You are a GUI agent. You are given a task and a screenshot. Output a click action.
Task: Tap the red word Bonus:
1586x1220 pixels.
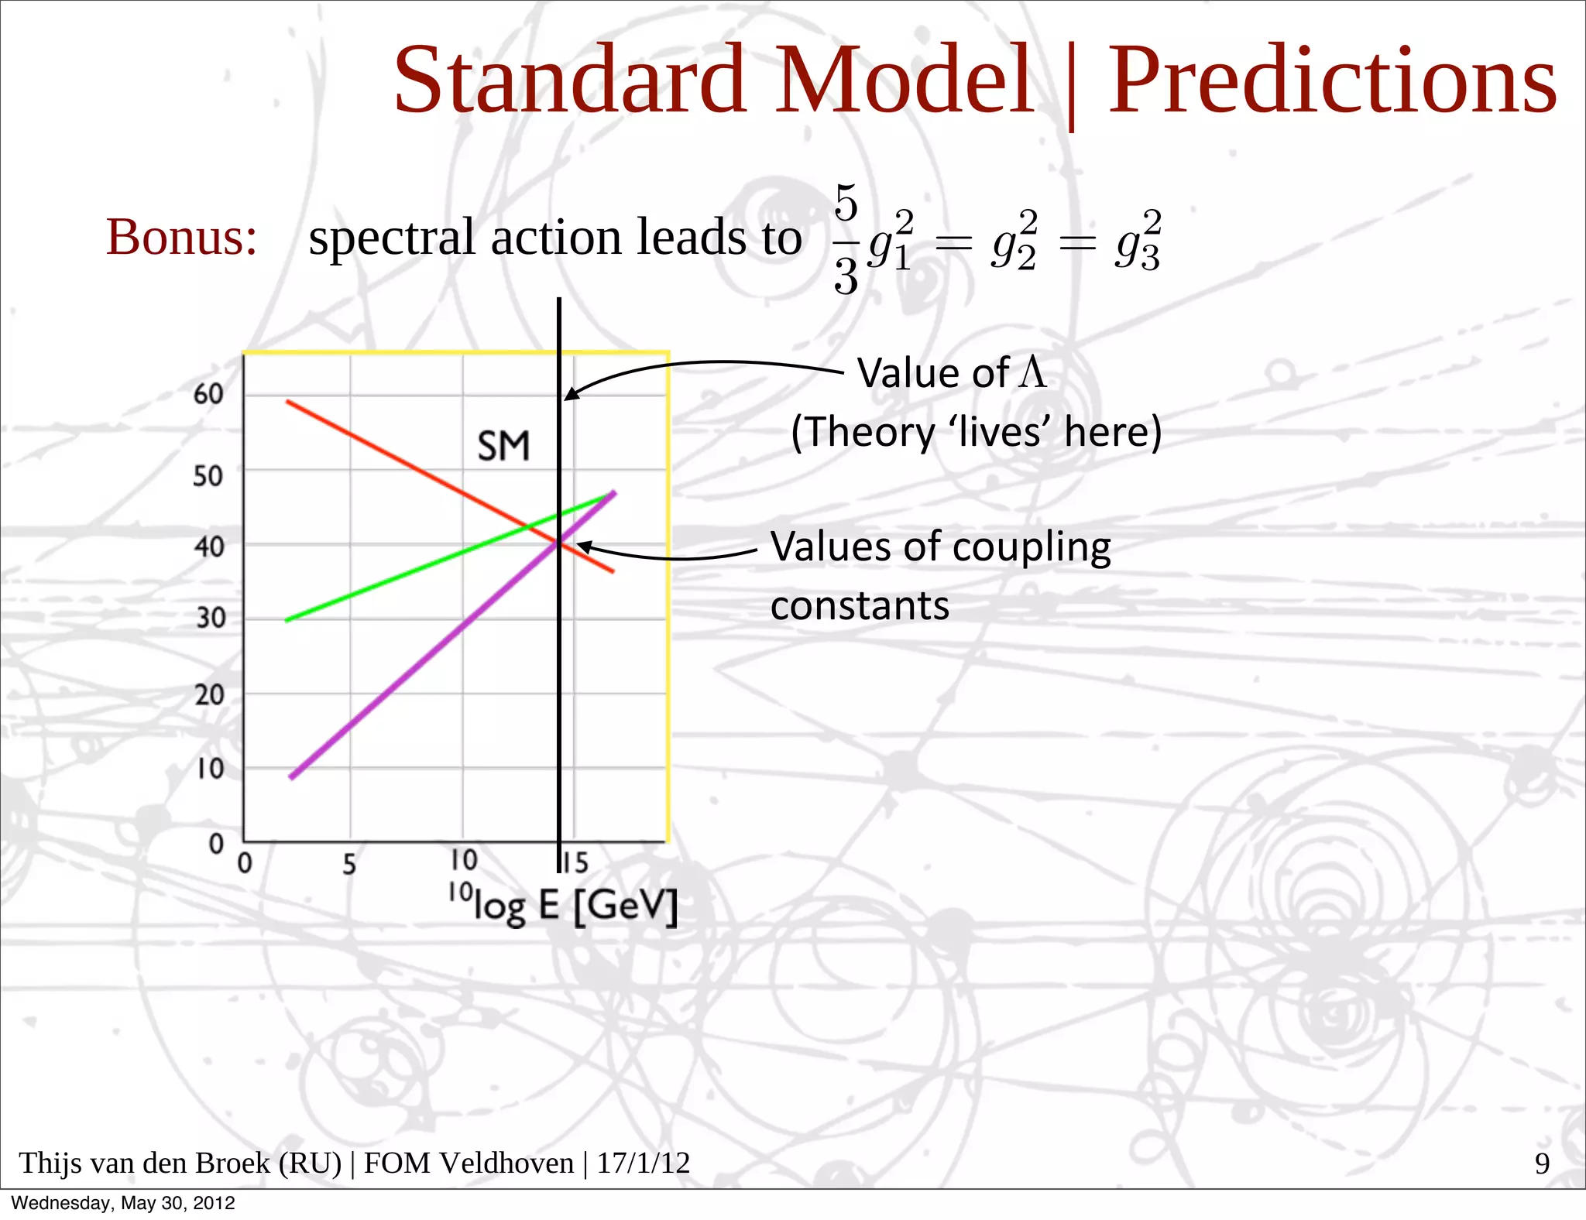click(x=181, y=237)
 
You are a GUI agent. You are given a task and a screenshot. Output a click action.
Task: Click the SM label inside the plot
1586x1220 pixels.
click(x=503, y=447)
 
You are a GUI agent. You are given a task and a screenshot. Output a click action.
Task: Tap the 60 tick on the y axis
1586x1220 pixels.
click(x=208, y=394)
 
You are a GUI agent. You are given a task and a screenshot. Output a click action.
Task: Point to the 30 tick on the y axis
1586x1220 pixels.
click(x=210, y=618)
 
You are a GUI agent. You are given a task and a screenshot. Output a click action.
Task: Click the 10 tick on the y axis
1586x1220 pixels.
click(x=210, y=769)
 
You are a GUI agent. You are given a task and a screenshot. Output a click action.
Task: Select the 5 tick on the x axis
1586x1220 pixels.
click(x=349, y=864)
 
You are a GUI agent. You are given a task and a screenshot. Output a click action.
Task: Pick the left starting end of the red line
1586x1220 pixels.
click(x=288, y=402)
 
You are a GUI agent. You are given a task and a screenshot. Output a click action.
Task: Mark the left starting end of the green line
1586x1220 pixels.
click(x=287, y=620)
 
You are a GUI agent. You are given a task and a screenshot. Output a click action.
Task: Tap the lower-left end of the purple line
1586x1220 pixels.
click(x=292, y=776)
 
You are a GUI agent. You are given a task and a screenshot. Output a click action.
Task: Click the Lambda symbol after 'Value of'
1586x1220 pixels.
click(x=1033, y=372)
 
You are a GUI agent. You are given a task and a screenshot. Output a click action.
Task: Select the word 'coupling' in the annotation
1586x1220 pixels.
click(x=1032, y=548)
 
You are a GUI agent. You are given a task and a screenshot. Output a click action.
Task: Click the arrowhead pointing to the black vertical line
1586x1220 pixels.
click(x=571, y=395)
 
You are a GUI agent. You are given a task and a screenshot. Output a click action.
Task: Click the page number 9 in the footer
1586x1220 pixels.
click(x=1542, y=1163)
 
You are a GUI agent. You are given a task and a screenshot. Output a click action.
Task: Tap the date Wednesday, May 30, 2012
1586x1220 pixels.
click(x=123, y=1203)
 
